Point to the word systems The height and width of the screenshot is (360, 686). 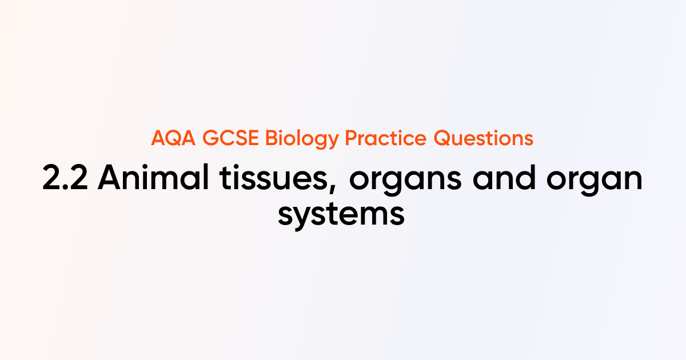[x=342, y=216]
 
